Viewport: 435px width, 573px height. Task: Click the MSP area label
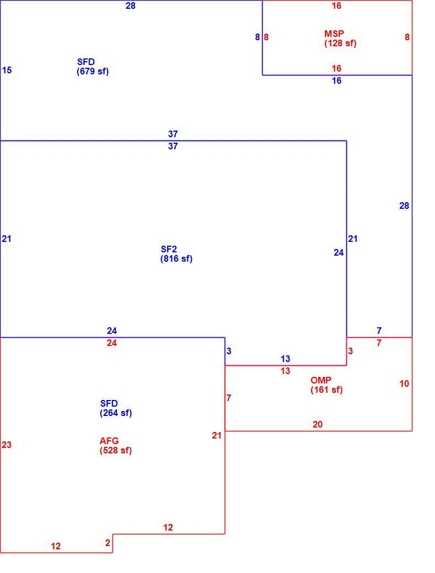pyautogui.click(x=334, y=34)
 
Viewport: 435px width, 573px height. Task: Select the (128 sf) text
pyautogui.click(x=340, y=43)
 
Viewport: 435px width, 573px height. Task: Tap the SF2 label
pyautogui.click(x=168, y=249)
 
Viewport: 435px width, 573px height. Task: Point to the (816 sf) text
pyautogui.click(x=176, y=259)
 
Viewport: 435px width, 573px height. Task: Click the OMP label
pyautogui.click(x=320, y=380)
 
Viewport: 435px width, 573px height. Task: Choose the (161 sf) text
pyautogui.click(x=327, y=390)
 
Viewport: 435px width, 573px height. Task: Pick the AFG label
pyautogui.click(x=109, y=441)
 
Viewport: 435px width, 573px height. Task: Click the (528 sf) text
pyautogui.click(x=116, y=450)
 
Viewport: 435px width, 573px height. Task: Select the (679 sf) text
pyautogui.click(x=93, y=71)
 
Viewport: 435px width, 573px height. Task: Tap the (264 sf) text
pyautogui.click(x=116, y=413)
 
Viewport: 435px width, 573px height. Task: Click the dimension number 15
pyautogui.click(x=7, y=70)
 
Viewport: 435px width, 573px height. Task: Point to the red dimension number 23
pyautogui.click(x=7, y=445)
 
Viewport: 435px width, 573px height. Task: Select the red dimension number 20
pyautogui.click(x=317, y=424)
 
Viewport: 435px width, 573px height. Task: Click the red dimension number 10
pyautogui.click(x=404, y=383)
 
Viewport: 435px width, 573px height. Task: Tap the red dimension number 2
pyautogui.click(x=107, y=543)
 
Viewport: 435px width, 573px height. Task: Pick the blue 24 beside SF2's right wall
pyautogui.click(x=339, y=252)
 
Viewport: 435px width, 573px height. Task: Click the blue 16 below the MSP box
pyautogui.click(x=336, y=80)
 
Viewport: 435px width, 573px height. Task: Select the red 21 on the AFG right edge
pyautogui.click(x=216, y=435)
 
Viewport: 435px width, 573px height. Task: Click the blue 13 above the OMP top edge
pyautogui.click(x=285, y=359)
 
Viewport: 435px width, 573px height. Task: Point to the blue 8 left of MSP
pyautogui.click(x=258, y=37)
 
